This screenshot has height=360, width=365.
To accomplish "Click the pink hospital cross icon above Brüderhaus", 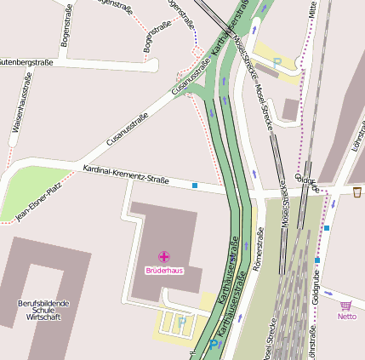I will [x=164, y=256].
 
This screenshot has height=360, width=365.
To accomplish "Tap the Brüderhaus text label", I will [x=164, y=270].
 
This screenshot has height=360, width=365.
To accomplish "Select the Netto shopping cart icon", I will [x=345, y=306].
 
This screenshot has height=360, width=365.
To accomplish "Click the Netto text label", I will [x=346, y=317].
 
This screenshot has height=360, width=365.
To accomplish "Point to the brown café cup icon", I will [x=357, y=192].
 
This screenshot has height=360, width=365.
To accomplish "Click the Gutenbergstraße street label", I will [x=26, y=62].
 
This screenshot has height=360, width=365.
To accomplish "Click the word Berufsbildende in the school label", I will [x=43, y=303].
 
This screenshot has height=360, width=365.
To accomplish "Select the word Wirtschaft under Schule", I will [x=43, y=317].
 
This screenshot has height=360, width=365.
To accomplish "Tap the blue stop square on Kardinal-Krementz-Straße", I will [x=195, y=185].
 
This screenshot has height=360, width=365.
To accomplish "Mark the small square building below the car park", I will [x=291, y=109].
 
